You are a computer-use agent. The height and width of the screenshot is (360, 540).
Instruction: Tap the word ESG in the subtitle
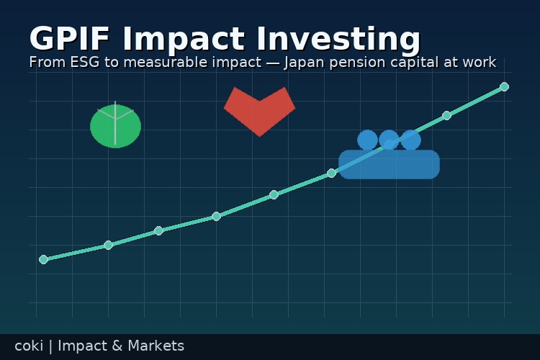[x=84, y=63]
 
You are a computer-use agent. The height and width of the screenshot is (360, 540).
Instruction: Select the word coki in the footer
[x=28, y=346]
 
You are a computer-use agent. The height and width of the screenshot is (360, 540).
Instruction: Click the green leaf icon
[x=115, y=127]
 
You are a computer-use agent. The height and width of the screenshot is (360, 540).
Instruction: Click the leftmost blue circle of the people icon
[x=367, y=140]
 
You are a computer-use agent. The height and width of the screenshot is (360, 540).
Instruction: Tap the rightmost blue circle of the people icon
[x=411, y=140]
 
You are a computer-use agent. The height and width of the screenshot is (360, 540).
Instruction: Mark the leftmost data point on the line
[x=43, y=259]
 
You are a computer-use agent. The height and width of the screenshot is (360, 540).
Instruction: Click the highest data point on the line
[x=504, y=86]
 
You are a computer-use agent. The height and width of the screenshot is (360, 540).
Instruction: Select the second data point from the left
[x=108, y=245]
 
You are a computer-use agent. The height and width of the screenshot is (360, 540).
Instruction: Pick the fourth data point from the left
[x=216, y=216]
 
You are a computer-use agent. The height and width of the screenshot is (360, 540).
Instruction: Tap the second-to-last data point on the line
[x=446, y=115]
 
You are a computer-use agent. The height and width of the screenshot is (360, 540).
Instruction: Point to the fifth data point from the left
[x=274, y=194]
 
